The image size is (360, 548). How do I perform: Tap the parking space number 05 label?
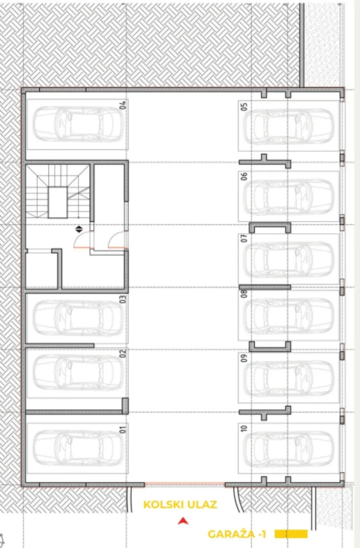(244, 107)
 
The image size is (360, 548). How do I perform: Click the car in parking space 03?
(78, 318)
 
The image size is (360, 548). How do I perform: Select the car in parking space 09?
(289, 378)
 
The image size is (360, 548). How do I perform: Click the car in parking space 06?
(289, 197)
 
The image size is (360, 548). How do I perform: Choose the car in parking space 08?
(289, 316)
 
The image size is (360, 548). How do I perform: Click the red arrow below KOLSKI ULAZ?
(183, 521)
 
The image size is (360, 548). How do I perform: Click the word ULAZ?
(202, 505)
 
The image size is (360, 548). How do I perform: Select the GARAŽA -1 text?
(236, 534)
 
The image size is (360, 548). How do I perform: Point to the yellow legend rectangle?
(291, 534)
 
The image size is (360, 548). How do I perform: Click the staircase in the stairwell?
(58, 191)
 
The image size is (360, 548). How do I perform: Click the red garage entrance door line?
(184, 483)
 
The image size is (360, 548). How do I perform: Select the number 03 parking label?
(123, 299)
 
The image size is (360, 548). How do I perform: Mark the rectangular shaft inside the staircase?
(58, 202)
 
